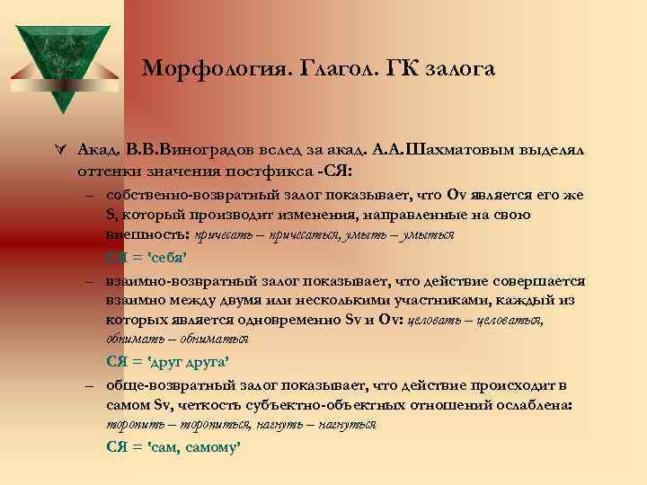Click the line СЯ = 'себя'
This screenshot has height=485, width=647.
pyautogui.click(x=145, y=257)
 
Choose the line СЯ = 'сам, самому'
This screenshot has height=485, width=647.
pyautogui.click(x=173, y=445)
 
